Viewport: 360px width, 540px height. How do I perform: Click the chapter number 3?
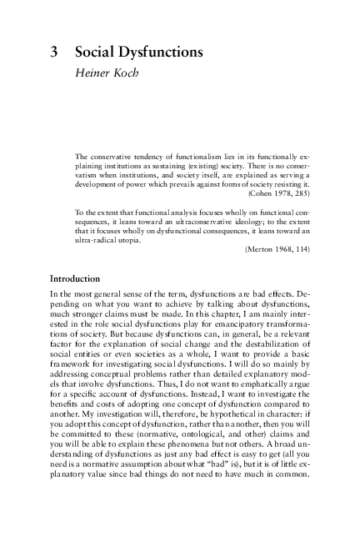(55, 52)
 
